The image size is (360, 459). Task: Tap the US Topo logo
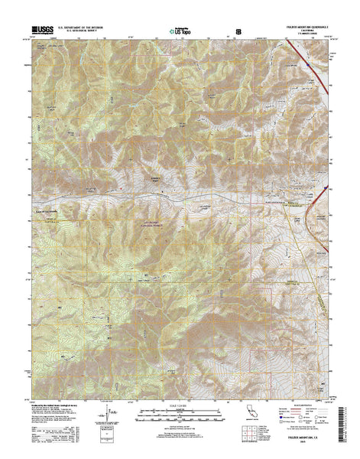click(180, 31)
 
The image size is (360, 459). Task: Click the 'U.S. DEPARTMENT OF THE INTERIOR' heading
click(82, 28)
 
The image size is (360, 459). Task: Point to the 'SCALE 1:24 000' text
click(180, 407)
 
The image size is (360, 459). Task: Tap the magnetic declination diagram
click(110, 417)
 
